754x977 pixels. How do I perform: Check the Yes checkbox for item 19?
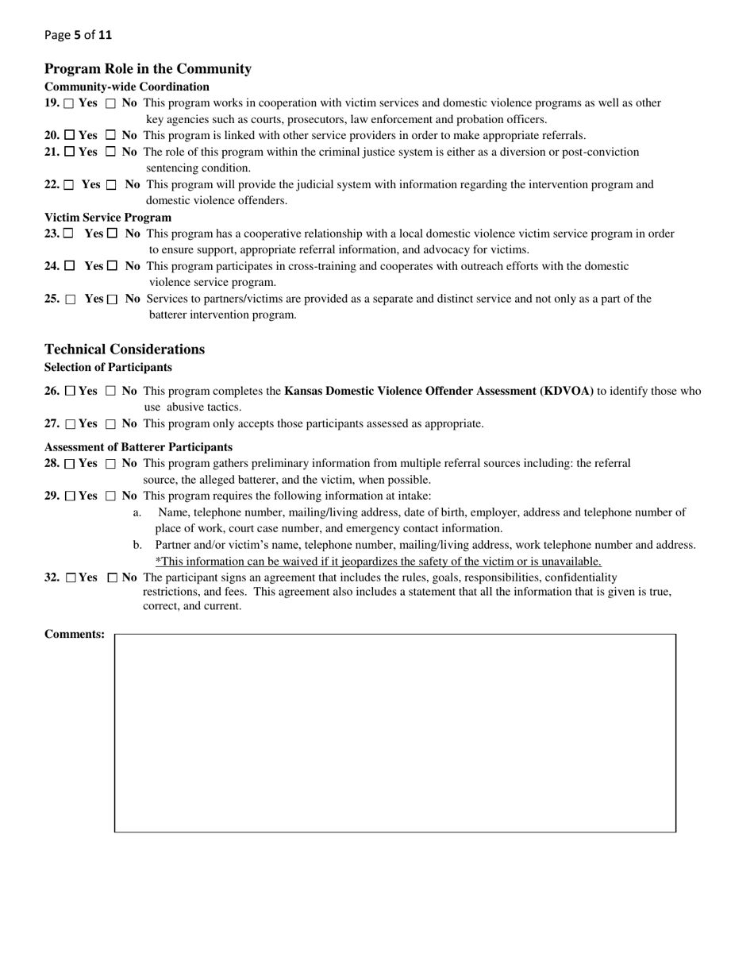pyautogui.click(x=69, y=103)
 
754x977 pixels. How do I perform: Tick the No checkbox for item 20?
pyautogui.click(x=111, y=136)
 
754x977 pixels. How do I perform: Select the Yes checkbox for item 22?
pyautogui.click(x=68, y=185)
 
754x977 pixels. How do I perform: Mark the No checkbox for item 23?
pyautogui.click(x=112, y=234)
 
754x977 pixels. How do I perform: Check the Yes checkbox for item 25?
pyautogui.click(x=71, y=299)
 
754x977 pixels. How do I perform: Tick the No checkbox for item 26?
pyautogui.click(x=111, y=392)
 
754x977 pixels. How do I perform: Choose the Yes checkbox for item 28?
pyautogui.click(x=69, y=464)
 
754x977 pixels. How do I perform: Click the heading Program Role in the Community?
pyautogui.click(x=148, y=69)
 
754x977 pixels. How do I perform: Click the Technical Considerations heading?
pyautogui.click(x=125, y=349)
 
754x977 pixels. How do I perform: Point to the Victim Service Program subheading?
pyautogui.click(x=108, y=218)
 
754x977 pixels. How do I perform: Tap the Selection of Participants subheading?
pyautogui.click(x=108, y=367)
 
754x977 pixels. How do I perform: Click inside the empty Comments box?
pyautogui.click(x=395, y=732)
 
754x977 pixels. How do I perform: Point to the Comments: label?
pyautogui.click(x=75, y=634)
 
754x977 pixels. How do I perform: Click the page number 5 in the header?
pyautogui.click(x=78, y=35)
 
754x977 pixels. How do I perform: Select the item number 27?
pyautogui.click(x=52, y=424)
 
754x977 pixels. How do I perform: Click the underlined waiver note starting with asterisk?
pyautogui.click(x=378, y=562)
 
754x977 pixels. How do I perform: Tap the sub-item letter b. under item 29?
pyautogui.click(x=137, y=545)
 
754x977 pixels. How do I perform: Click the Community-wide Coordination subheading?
pyautogui.click(x=127, y=87)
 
